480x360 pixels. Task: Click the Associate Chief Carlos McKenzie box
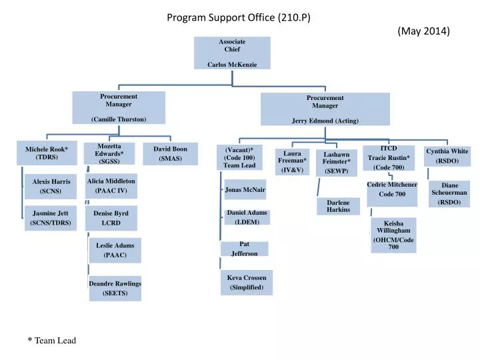(x=232, y=53)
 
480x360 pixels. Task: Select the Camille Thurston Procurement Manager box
(x=119, y=107)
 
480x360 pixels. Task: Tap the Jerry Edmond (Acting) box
(x=325, y=109)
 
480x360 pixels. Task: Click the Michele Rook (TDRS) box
(x=47, y=153)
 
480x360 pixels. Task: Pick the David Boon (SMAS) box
(x=170, y=154)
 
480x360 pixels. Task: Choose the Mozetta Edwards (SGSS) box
(x=109, y=154)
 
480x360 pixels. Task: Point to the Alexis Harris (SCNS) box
(x=51, y=186)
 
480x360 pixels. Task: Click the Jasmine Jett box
(x=51, y=218)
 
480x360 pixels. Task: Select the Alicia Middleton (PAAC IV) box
(x=111, y=186)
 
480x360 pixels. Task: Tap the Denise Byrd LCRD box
(x=111, y=218)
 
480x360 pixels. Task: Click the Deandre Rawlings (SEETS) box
(x=115, y=288)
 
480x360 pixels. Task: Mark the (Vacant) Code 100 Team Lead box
(x=239, y=157)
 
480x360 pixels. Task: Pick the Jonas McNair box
(x=245, y=190)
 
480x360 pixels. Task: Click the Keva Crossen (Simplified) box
(x=246, y=282)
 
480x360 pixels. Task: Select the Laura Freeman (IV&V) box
(x=292, y=161)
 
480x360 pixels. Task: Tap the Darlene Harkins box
(x=339, y=206)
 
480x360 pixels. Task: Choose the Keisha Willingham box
(x=393, y=235)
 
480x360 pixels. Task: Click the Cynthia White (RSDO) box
(x=447, y=156)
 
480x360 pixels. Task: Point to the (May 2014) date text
(x=424, y=31)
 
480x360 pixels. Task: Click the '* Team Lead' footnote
(x=52, y=340)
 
